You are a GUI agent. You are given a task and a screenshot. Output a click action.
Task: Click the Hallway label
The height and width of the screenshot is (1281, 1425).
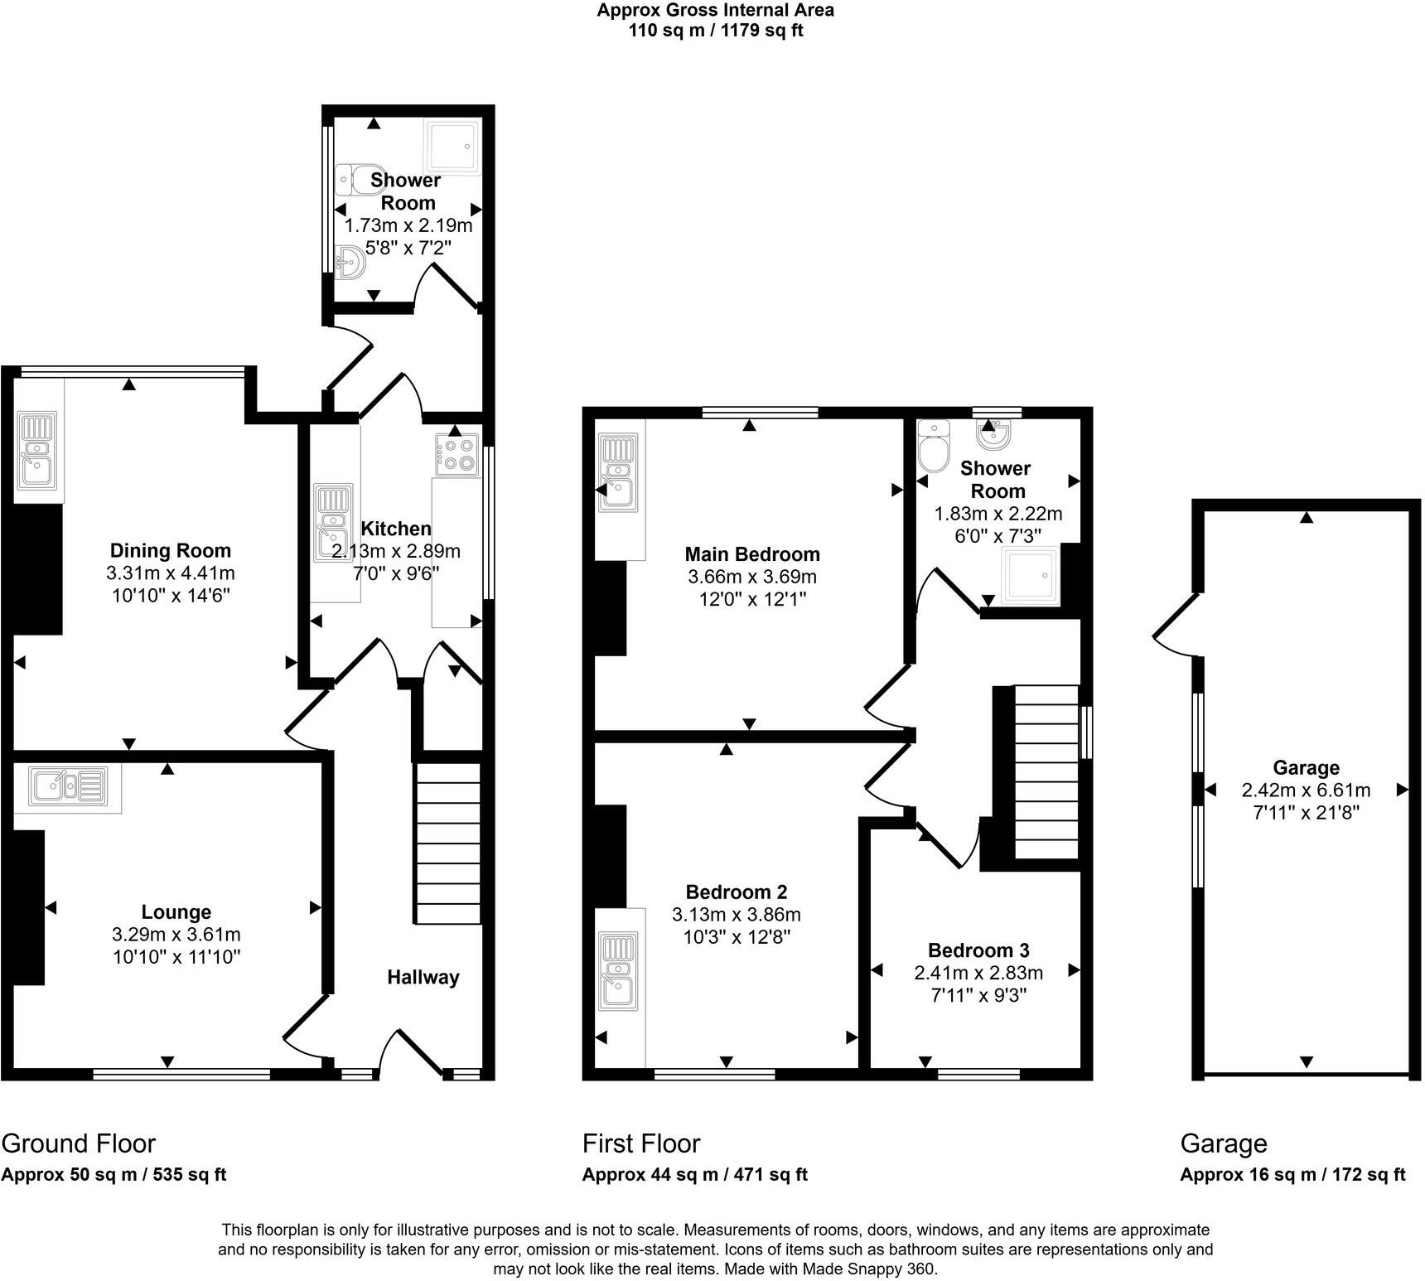click(x=423, y=978)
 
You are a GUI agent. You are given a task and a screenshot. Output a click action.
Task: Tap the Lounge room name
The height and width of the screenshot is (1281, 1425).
click(x=176, y=912)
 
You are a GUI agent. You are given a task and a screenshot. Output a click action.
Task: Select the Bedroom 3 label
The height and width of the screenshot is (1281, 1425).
click(x=978, y=950)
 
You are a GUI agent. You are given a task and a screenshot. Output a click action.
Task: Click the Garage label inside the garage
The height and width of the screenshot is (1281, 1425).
click(x=1306, y=768)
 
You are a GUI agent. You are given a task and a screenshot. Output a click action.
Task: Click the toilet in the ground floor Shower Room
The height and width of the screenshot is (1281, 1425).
click(x=357, y=178)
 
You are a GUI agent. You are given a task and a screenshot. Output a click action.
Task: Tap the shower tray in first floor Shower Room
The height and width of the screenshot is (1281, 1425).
click(x=1030, y=574)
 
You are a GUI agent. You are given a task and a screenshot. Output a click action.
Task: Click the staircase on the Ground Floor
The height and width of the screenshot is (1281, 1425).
click(x=448, y=843)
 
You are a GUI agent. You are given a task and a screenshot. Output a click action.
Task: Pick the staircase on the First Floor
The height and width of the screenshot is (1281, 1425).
click(x=1046, y=771)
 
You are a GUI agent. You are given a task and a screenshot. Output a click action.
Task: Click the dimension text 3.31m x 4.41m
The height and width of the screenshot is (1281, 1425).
click(x=171, y=573)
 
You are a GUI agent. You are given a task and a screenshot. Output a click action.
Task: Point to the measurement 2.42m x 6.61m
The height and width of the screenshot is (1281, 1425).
click(x=1306, y=790)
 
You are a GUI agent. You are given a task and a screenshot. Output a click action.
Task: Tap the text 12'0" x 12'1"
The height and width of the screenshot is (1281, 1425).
click(x=752, y=599)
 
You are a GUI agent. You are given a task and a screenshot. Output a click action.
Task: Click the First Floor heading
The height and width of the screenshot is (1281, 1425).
click(x=641, y=1143)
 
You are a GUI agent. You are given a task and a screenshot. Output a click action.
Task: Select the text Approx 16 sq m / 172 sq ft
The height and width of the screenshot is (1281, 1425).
click(x=1292, y=1174)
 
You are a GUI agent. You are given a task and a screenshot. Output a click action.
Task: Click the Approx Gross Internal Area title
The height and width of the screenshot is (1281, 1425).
click(x=715, y=11)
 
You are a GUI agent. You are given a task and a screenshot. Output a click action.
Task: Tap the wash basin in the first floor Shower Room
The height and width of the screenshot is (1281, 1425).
click(x=991, y=432)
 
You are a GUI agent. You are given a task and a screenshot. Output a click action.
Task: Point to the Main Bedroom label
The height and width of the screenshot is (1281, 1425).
click(x=752, y=554)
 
